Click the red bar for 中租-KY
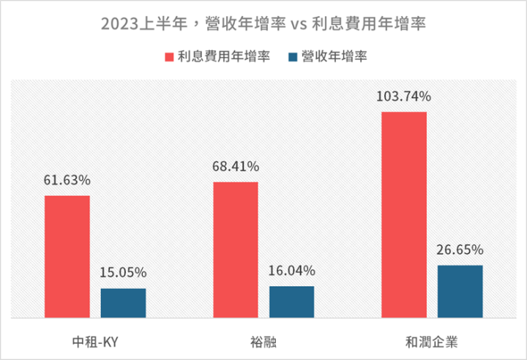click(x=67, y=257)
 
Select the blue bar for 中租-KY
click(x=123, y=304)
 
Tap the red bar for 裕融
click(x=236, y=250)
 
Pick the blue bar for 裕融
click(x=291, y=302)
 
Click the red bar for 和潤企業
click(x=404, y=215)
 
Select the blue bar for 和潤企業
click(x=460, y=292)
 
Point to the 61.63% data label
click(x=67, y=180)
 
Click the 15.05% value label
click(x=123, y=273)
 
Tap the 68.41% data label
click(x=236, y=167)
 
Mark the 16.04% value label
click(x=291, y=271)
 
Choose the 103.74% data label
click(x=404, y=97)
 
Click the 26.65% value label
click(x=460, y=250)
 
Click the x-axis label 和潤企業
click(x=432, y=341)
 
